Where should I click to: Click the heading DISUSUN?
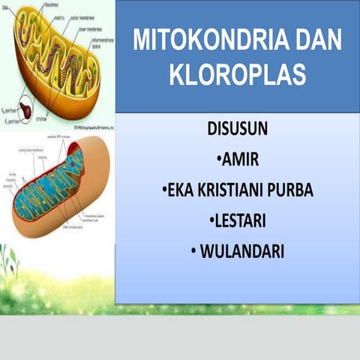238,129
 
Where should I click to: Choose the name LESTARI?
241,221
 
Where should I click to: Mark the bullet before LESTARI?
208,221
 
